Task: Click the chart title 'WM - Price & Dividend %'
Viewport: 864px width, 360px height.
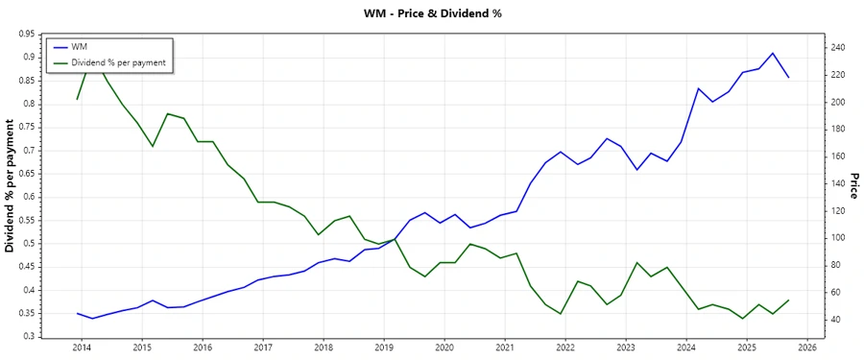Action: (432, 13)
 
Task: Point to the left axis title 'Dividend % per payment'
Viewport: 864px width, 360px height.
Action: (11, 185)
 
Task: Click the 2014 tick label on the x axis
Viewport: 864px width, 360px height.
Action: (82, 348)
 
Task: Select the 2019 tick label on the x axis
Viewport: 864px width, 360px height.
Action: (384, 348)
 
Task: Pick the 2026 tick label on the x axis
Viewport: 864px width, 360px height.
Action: (807, 348)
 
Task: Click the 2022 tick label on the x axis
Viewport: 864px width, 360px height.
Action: (565, 348)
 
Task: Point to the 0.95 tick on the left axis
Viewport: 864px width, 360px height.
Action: (27, 34)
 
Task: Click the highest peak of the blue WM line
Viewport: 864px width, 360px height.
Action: (773, 53)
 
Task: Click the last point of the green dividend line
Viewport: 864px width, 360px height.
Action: (789, 300)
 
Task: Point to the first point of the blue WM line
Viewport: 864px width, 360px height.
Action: (77, 313)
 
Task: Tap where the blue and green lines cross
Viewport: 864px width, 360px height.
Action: (394, 239)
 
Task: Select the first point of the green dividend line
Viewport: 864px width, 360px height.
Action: (77, 99)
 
